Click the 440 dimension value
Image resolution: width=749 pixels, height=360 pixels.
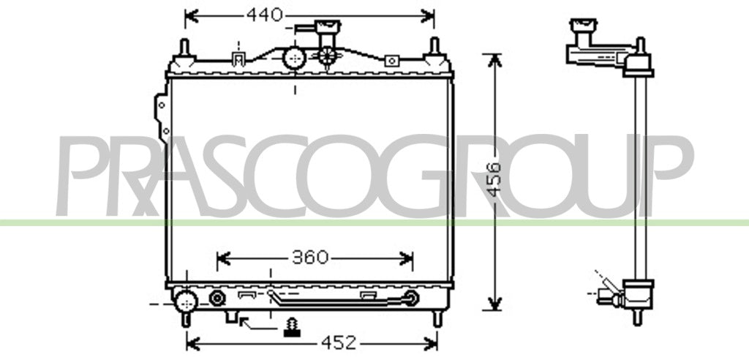pos(265,15)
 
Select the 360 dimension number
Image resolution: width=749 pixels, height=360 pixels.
pos(310,258)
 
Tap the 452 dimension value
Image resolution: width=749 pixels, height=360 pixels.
pos(339,342)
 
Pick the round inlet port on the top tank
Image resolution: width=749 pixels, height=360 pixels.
pos(294,59)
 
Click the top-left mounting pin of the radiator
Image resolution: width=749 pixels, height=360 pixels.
pos(184,48)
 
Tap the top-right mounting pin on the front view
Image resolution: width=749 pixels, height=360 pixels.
pos(434,47)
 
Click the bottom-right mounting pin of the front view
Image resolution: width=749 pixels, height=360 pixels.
pos(437,319)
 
